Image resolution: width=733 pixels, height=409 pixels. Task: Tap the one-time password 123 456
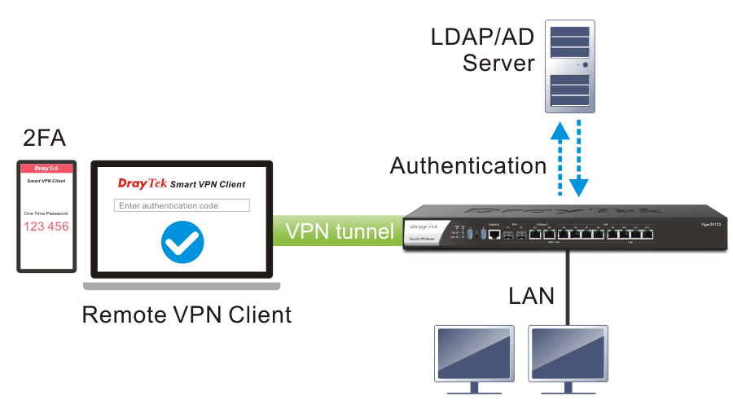pyautogui.click(x=46, y=226)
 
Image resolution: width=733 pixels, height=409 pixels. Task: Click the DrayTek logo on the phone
pyautogui.click(x=46, y=169)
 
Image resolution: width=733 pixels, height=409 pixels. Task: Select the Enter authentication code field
pyautogui.click(x=182, y=205)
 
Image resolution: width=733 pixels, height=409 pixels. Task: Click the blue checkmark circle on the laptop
pyautogui.click(x=182, y=242)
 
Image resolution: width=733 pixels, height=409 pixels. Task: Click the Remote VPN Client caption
pyautogui.click(x=187, y=314)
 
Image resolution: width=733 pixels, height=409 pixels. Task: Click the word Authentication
pyautogui.click(x=467, y=166)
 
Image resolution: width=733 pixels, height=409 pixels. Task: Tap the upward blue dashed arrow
pyautogui.click(x=559, y=159)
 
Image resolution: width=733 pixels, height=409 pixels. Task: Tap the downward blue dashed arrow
pyautogui.click(x=579, y=159)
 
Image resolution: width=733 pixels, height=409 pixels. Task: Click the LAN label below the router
pyautogui.click(x=531, y=294)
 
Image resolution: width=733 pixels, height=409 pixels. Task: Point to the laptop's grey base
pyautogui.click(x=182, y=285)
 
